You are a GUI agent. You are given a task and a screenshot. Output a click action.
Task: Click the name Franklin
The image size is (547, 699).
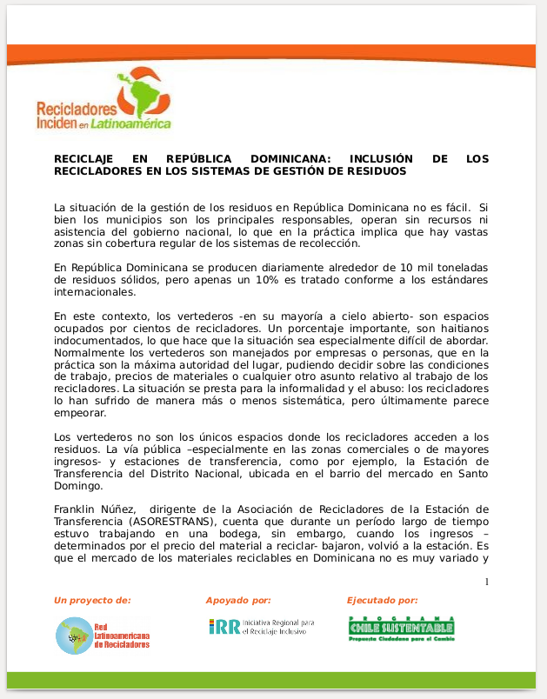click(x=77, y=509)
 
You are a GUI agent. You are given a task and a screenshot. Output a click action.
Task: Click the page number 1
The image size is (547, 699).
click(x=486, y=582)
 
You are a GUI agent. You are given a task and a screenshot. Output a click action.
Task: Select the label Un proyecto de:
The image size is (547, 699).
click(x=92, y=600)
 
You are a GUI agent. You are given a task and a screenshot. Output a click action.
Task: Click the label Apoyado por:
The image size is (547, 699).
click(x=237, y=600)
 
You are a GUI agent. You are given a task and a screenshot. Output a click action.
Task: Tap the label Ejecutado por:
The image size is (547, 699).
click(x=382, y=600)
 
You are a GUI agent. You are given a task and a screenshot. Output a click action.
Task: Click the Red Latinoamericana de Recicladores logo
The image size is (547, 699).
click(x=103, y=636)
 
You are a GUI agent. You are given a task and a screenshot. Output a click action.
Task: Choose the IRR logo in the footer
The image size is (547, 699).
click(x=261, y=627)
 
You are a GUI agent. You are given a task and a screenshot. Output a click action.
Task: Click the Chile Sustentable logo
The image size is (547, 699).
click(x=401, y=628)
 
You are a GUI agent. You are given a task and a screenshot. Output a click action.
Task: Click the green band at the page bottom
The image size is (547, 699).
click(x=273, y=680)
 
